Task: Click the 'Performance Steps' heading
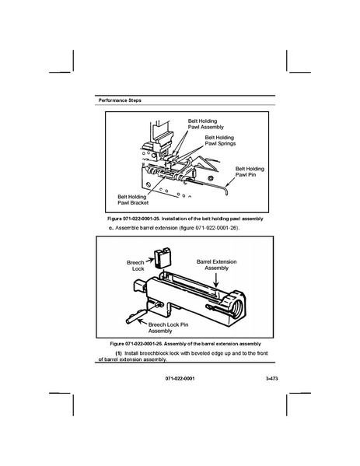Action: pyautogui.click(x=120, y=100)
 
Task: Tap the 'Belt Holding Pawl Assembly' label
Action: pyautogui.click(x=205, y=124)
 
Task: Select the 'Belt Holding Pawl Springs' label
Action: pyautogui.click(x=220, y=140)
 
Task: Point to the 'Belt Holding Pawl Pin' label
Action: pyautogui.click(x=250, y=171)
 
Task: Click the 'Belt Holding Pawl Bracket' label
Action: pyautogui.click(x=133, y=199)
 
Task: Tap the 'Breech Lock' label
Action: pyautogui.click(x=135, y=265)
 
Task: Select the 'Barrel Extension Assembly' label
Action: pyautogui.click(x=216, y=265)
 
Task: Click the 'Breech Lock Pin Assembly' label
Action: pyautogui.click(x=168, y=328)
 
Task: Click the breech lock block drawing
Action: pyautogui.click(x=163, y=257)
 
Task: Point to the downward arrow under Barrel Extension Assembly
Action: pyautogui.click(x=216, y=279)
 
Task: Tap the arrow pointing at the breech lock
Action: pyautogui.click(x=150, y=261)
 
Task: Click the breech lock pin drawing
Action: pyautogui.click(x=136, y=316)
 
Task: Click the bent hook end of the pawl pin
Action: pyautogui.click(x=226, y=190)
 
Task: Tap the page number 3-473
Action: pyautogui.click(x=272, y=378)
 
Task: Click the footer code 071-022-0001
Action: pyautogui.click(x=180, y=378)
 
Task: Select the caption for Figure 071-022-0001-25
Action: pyautogui.click(x=185, y=219)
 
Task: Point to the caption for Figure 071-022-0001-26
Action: pyautogui.click(x=185, y=344)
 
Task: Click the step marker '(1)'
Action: pyautogui.click(x=118, y=353)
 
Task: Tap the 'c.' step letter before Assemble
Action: pyautogui.click(x=111, y=228)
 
